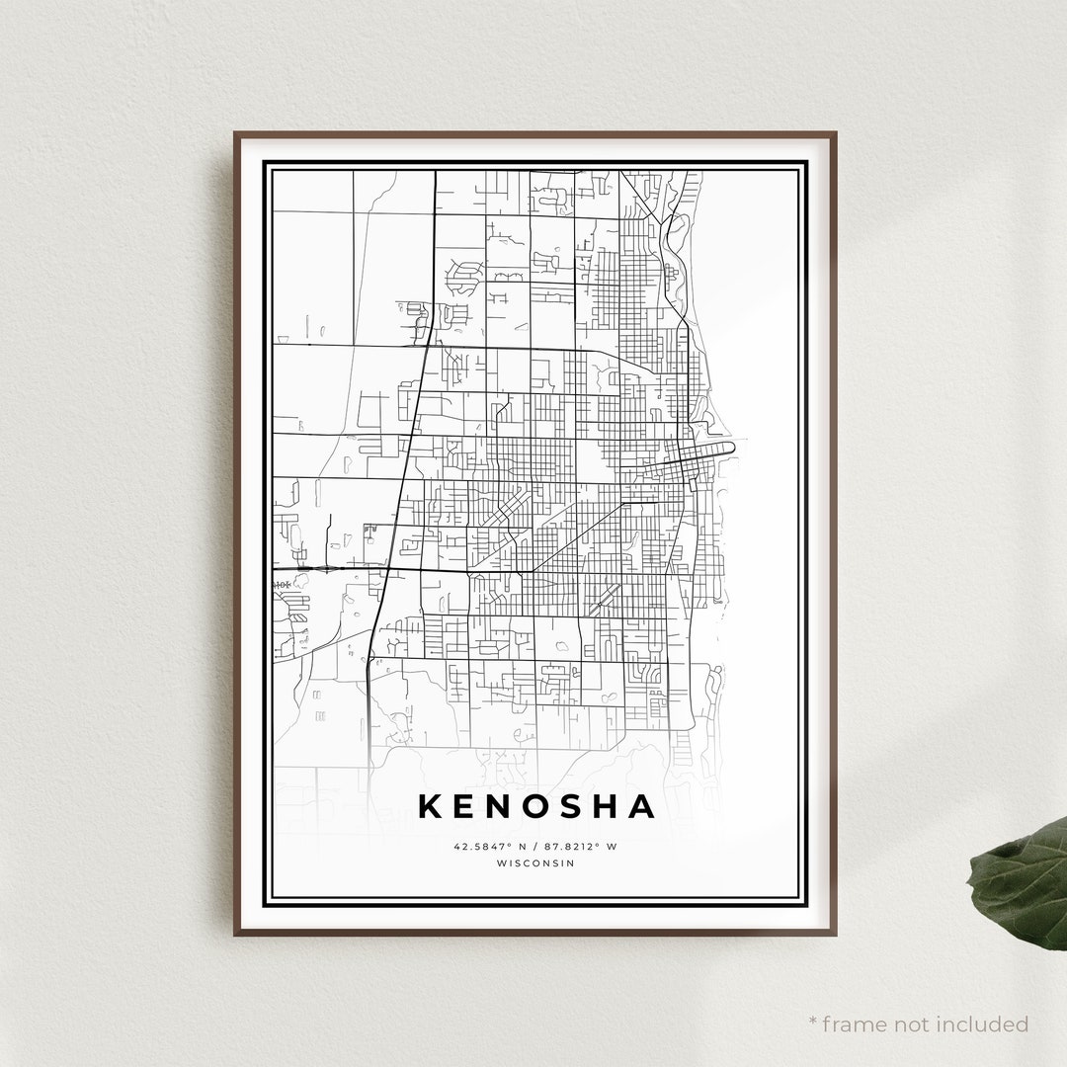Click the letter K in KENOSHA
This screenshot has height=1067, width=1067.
point(431,806)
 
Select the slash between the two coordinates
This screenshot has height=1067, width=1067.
point(534,847)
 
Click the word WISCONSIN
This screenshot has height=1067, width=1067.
point(534,862)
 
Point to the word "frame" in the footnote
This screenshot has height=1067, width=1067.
point(858,1024)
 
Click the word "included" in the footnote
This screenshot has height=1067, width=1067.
point(984,1024)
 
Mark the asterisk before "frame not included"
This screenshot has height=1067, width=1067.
point(813,1021)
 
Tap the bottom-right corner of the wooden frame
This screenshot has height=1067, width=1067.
point(835,933)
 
